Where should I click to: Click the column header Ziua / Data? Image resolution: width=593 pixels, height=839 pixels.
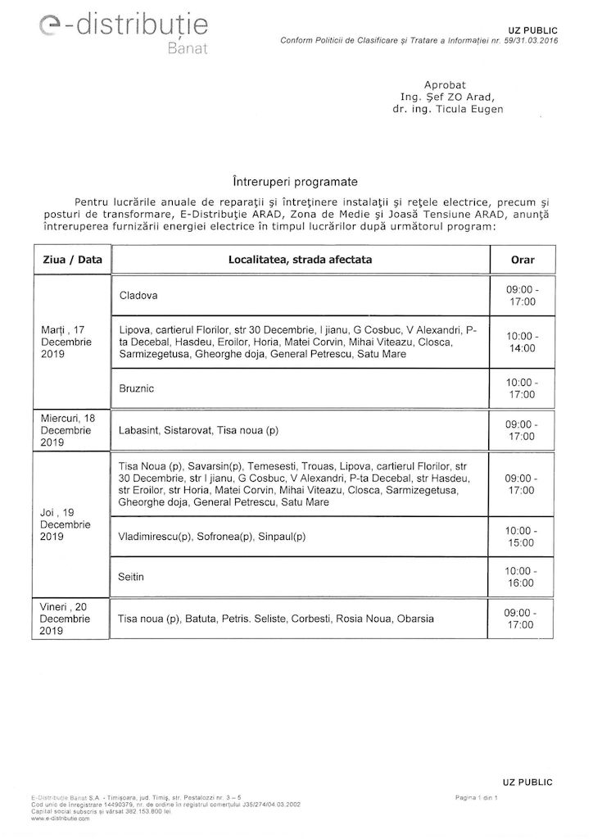[x=72, y=260]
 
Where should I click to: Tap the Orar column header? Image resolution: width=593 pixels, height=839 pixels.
[x=523, y=260]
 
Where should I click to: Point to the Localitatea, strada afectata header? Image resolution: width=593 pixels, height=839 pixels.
[x=300, y=260]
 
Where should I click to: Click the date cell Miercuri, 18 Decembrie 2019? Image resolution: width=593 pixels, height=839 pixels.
[x=72, y=430]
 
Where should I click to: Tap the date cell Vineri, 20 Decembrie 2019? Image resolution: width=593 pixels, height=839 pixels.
[x=72, y=619]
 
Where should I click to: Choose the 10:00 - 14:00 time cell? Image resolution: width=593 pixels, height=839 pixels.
[x=523, y=342]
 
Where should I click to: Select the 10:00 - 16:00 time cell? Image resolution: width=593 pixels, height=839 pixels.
[x=523, y=576]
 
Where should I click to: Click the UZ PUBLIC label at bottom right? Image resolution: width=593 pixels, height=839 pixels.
[x=527, y=782]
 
